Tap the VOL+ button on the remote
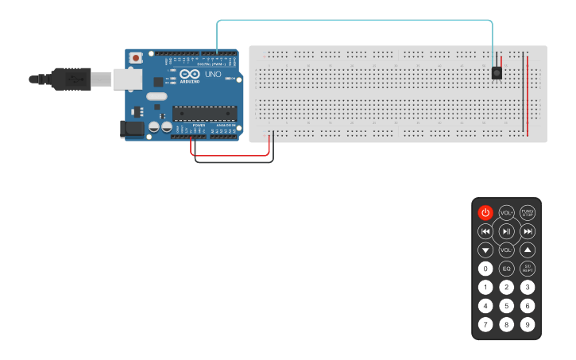(x=507, y=212)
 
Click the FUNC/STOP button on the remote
(x=528, y=212)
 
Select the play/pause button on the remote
(x=507, y=231)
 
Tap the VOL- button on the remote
(x=507, y=250)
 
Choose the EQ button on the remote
(x=507, y=269)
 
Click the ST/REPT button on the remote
(x=528, y=269)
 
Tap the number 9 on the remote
(x=528, y=324)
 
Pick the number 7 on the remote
(x=485, y=324)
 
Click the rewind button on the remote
(x=485, y=231)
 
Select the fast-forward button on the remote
(x=528, y=231)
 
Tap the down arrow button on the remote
(x=485, y=250)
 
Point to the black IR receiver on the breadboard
(x=497, y=72)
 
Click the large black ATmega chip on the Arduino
(x=204, y=114)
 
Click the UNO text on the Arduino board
(x=213, y=75)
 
